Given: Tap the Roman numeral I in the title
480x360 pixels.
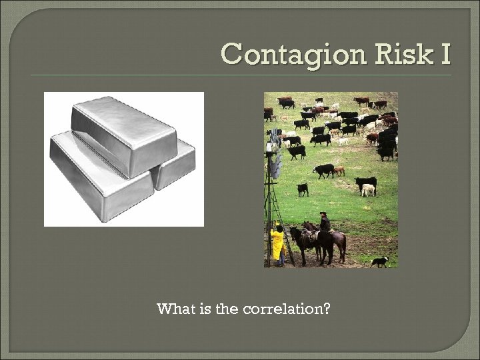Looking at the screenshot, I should point(444,53).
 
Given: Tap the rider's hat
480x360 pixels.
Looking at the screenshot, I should point(324,214).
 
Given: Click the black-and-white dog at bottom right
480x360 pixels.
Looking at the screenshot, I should point(380,261).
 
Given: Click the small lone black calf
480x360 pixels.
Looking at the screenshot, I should point(303,189).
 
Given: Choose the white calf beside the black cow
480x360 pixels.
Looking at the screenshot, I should point(367,190).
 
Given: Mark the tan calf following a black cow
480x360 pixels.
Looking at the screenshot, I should point(339,171).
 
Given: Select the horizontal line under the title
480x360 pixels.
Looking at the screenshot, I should point(240,75).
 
